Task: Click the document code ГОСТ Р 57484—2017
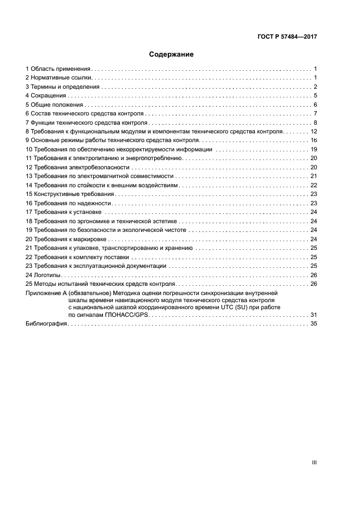pyautogui.click(x=286, y=37)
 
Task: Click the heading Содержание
pyautogui.click(x=171, y=54)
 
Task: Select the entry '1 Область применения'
pyautogui.click(x=58, y=69)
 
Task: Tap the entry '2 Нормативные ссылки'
pyautogui.click(x=58, y=78)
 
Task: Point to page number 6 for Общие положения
pyautogui.click(x=315, y=105)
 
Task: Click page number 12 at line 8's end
pyautogui.click(x=313, y=132)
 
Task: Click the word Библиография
pyautogui.click(x=46, y=324)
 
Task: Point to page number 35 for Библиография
pyautogui.click(x=313, y=324)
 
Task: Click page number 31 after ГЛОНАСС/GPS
pyautogui.click(x=313, y=315)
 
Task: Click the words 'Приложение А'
pyautogui.click(x=46, y=292)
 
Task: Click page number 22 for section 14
pyautogui.click(x=313, y=185)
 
